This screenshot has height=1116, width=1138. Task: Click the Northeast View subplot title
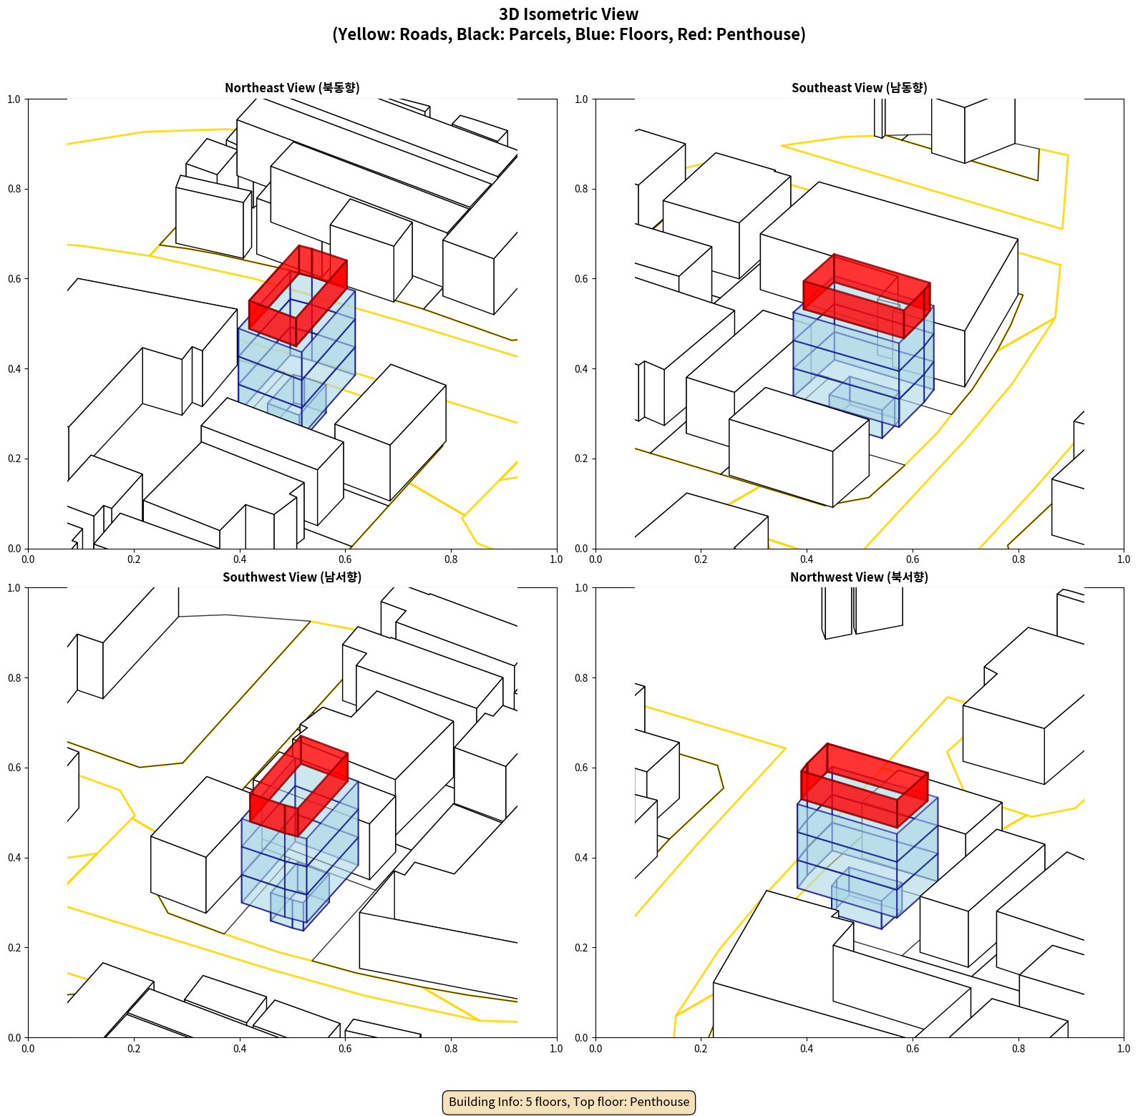pos(292,87)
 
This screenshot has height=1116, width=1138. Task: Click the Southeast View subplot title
pos(859,87)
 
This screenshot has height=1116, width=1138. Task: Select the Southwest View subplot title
pos(292,577)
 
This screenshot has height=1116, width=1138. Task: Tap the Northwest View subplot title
pos(859,577)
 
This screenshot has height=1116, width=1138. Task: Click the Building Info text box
pos(569,1102)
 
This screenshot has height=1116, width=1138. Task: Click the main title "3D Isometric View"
pos(569,14)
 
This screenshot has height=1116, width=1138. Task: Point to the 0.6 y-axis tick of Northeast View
pos(14,279)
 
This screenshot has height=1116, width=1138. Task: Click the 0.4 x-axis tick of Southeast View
pos(807,559)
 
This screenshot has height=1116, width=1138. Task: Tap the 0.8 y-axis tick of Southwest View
pos(14,678)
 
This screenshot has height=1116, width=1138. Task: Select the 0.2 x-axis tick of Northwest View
pos(701,1049)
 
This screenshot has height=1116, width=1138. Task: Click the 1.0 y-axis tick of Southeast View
pos(582,99)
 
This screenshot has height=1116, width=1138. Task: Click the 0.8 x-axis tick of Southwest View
pos(451,1049)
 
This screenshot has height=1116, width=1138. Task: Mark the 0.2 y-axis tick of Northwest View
pos(582,948)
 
